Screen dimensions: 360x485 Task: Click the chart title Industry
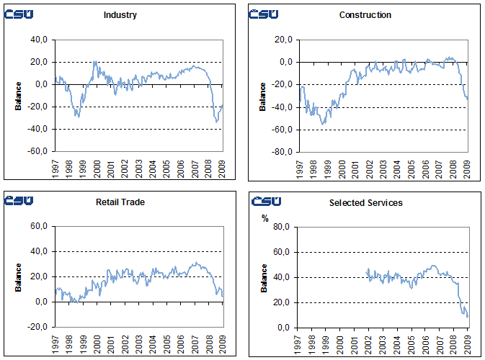click(120, 15)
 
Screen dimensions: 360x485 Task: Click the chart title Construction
click(365, 15)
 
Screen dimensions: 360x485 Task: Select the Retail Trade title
click(120, 202)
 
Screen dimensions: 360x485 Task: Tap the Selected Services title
click(365, 203)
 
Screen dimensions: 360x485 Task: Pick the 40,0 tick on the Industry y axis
click(37, 40)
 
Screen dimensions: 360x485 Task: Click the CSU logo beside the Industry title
click(19, 14)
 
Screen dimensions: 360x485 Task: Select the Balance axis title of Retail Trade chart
click(18, 278)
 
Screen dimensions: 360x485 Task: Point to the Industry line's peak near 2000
click(95, 61)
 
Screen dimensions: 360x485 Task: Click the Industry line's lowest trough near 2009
click(217, 121)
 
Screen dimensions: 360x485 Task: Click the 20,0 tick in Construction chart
click(281, 40)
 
